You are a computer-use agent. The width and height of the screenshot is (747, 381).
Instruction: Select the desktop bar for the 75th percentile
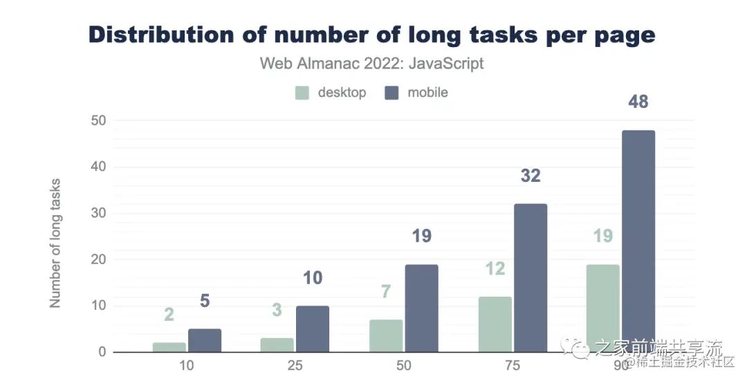point(495,324)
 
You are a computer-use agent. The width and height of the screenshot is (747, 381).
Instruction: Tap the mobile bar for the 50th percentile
point(421,308)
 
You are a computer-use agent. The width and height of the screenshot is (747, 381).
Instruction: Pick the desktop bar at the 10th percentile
point(169,347)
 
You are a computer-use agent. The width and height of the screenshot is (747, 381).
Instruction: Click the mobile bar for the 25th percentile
point(313,329)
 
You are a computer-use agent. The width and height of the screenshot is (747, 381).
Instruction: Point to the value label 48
point(638,102)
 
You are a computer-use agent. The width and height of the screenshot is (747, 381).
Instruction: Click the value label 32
point(530,176)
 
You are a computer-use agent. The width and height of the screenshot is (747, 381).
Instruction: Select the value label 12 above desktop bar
point(495,268)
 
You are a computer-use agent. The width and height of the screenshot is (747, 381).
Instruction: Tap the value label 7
point(385,292)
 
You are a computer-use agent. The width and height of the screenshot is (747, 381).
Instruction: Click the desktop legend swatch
point(302,93)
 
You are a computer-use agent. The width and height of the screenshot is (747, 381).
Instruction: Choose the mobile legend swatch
point(391,93)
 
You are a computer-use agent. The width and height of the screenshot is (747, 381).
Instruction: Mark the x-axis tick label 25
point(295,365)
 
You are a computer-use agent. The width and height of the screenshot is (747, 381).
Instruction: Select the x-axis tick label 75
point(513,365)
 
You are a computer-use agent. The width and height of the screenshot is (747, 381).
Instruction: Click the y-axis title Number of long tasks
point(55,243)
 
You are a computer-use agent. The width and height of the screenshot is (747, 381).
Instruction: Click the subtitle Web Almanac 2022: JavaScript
point(371,64)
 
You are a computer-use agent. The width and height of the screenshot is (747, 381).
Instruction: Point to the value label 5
point(205,301)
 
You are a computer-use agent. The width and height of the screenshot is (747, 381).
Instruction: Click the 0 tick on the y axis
point(102,352)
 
